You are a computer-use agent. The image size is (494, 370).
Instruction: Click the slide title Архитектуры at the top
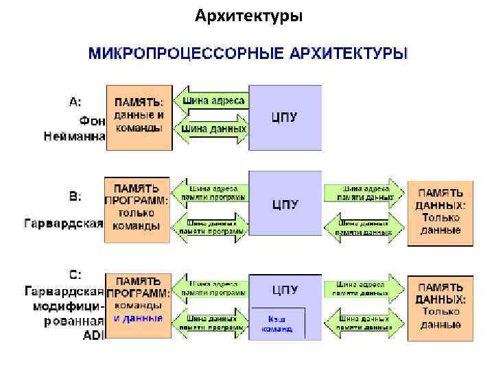[x=248, y=14]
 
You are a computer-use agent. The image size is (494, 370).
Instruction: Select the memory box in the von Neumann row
[x=138, y=116]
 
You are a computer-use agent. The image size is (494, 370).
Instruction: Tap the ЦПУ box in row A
[x=285, y=116]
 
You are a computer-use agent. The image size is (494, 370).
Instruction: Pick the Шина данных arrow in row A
[x=211, y=127]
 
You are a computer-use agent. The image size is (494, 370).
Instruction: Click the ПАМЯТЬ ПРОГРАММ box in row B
[x=137, y=208]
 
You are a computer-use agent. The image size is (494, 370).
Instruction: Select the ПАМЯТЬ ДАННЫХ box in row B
[x=440, y=212]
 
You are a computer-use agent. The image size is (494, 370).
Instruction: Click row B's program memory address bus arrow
[x=209, y=193]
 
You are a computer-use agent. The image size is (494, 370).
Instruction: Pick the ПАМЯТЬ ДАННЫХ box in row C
[x=440, y=307]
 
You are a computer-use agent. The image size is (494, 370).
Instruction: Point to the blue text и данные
[x=139, y=319]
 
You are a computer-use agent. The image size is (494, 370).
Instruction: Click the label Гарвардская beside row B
[x=64, y=224]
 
